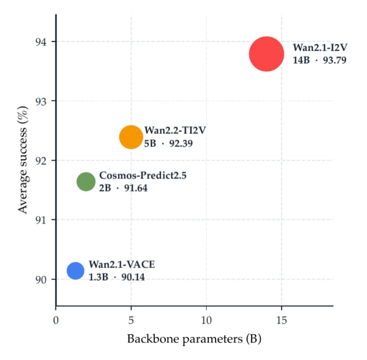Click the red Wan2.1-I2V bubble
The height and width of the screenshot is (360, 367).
pos(267,54)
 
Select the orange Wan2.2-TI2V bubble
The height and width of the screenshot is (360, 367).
pos(131,137)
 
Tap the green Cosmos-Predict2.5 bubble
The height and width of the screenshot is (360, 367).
pos(86,182)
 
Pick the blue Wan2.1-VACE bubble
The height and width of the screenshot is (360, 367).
pos(75,271)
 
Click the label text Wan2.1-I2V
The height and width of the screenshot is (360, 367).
pos(320,48)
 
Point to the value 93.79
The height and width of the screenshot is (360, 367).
pos(335,60)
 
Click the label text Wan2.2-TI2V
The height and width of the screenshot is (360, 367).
pos(175,130)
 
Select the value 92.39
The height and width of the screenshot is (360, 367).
pos(181,143)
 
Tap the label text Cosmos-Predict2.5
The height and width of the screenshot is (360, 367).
pos(143,175)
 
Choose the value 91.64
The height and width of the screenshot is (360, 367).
pos(136,188)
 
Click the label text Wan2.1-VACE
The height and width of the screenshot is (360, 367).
pos(122,265)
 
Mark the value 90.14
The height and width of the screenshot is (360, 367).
pos(133,277)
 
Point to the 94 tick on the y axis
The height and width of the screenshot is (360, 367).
pos(41,42)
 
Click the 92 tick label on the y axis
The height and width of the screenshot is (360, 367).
pos(41,161)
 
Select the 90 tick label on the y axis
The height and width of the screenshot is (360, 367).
pos(41,280)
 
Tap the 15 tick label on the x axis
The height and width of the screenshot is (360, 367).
pos(282,320)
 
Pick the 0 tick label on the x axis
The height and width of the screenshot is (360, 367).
pos(56,320)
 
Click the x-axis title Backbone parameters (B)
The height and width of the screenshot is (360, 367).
pos(194,339)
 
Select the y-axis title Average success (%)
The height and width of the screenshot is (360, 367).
pos(23,160)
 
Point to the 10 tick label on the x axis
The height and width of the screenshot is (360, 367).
pos(206,320)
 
